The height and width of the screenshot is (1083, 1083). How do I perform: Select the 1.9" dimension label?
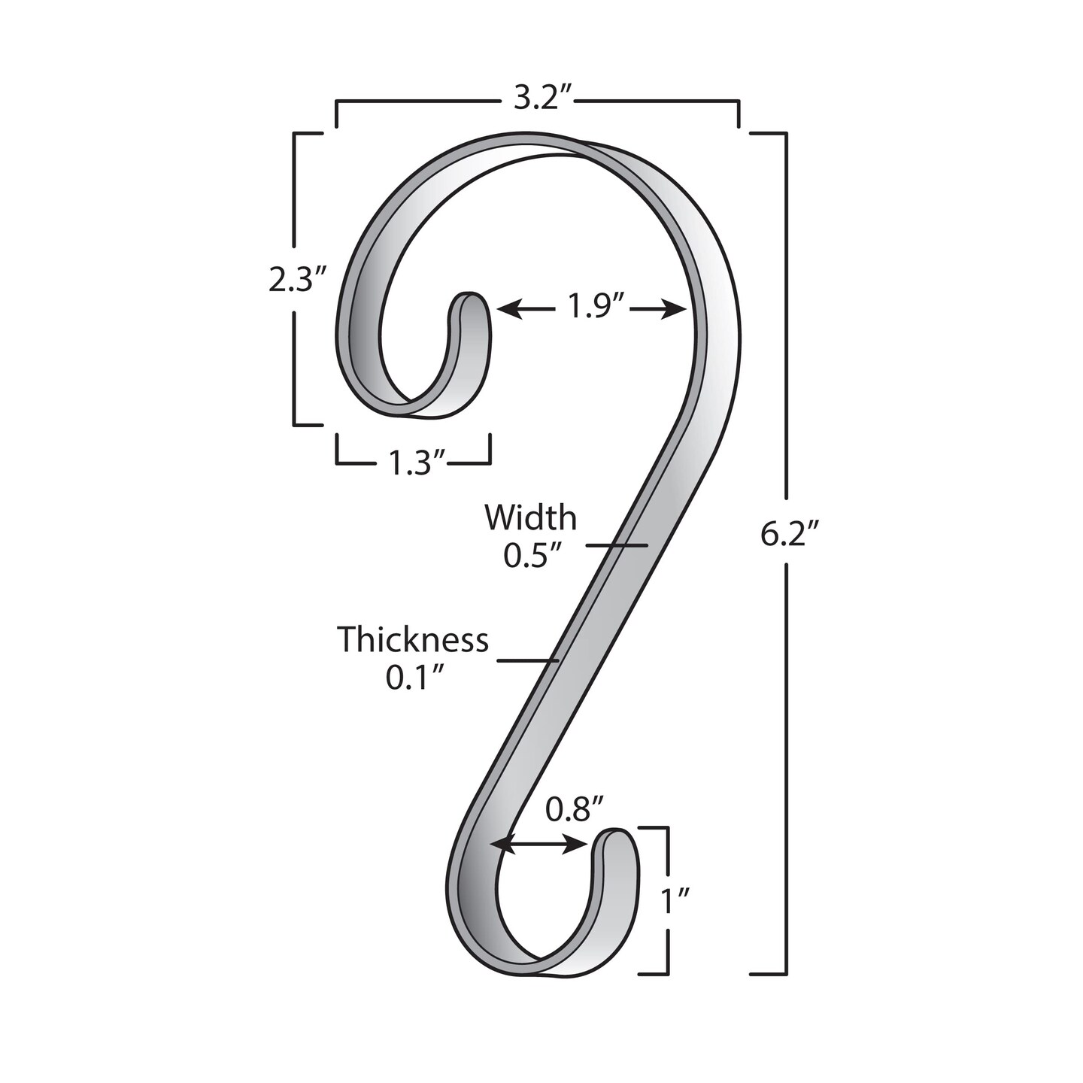coord(591,308)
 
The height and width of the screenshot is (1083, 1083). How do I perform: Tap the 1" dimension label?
coord(675,898)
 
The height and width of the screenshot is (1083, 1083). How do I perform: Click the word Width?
coord(530,517)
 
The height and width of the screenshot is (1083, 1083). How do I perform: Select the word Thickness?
coord(412,640)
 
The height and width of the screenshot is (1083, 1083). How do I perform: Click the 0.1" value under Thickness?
coord(413,678)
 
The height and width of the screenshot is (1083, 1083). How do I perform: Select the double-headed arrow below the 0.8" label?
coord(539,846)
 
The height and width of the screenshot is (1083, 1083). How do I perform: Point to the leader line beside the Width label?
coord(617,545)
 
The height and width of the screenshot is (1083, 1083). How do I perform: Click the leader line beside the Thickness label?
coord(528,661)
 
